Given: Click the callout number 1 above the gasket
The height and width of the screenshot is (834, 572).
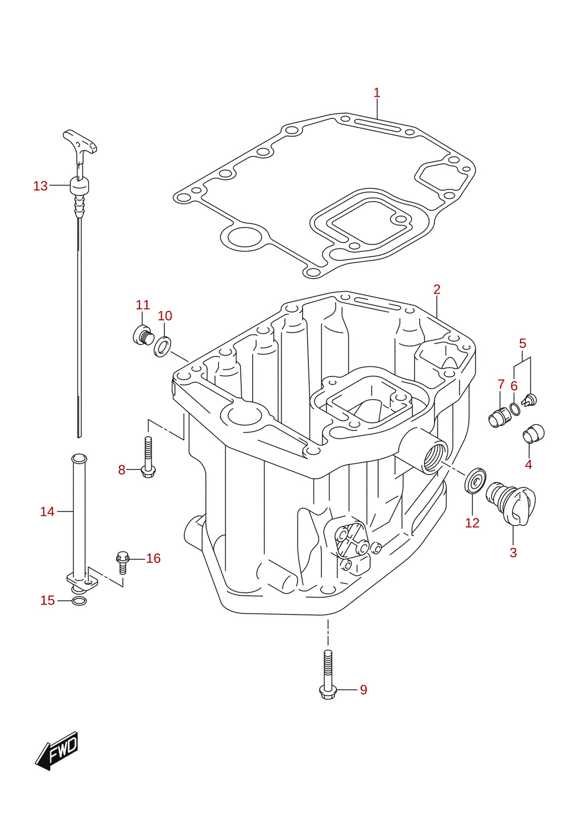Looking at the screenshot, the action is tap(376, 93).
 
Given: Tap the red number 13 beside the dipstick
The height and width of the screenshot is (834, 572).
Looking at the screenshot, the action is tap(41, 186).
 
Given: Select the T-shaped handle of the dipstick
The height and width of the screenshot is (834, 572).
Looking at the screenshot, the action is tap(80, 141).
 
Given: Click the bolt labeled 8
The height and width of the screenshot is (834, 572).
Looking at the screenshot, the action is tap(148, 457).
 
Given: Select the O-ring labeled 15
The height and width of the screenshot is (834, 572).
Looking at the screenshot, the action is tap(79, 600).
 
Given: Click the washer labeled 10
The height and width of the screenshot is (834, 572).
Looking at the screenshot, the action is tap(162, 346).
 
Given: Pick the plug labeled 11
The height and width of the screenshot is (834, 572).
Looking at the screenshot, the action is tap(143, 335).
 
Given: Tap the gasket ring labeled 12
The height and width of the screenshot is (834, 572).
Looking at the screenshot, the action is tap(475, 482).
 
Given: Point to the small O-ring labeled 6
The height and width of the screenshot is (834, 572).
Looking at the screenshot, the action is tap(515, 409).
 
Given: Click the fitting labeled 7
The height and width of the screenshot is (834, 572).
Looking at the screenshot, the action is tap(498, 417).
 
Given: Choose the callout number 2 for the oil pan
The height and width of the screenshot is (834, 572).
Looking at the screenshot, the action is tap(437, 289).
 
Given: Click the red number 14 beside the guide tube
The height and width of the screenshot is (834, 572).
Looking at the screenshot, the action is tap(47, 512).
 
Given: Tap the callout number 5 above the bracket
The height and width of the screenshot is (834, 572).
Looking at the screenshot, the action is tap(522, 343).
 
